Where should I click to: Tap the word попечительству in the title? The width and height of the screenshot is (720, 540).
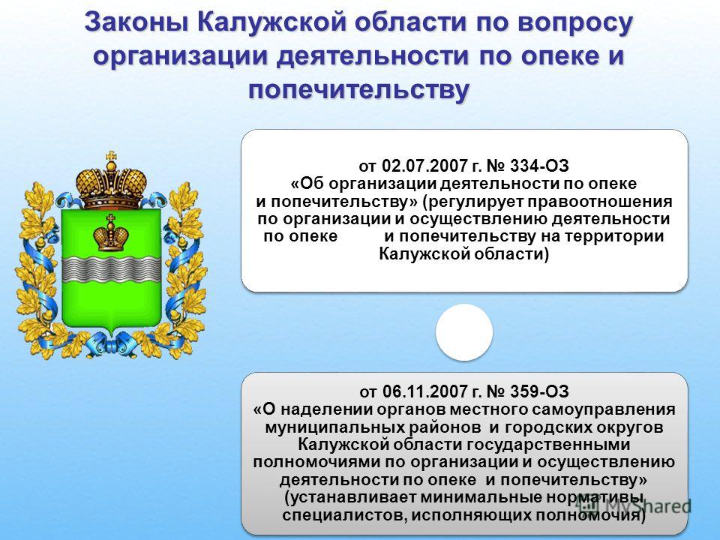pyautogui.click(x=359, y=89)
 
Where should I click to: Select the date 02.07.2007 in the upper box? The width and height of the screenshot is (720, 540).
pyautogui.click(x=422, y=165)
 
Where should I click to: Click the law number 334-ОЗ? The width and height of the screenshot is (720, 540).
pyautogui.click(x=539, y=165)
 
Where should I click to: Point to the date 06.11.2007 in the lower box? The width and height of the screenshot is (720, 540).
pyautogui.click(x=422, y=391)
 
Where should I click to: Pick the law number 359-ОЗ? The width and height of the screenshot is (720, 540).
pyautogui.click(x=539, y=391)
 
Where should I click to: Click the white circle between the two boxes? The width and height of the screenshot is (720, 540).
pyautogui.click(x=464, y=332)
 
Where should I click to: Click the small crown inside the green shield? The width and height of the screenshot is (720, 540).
pyautogui.click(x=111, y=233)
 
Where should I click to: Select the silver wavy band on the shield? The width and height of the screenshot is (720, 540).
pyautogui.click(x=111, y=269)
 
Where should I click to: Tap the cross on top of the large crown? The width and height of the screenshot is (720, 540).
pyautogui.click(x=111, y=157)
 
